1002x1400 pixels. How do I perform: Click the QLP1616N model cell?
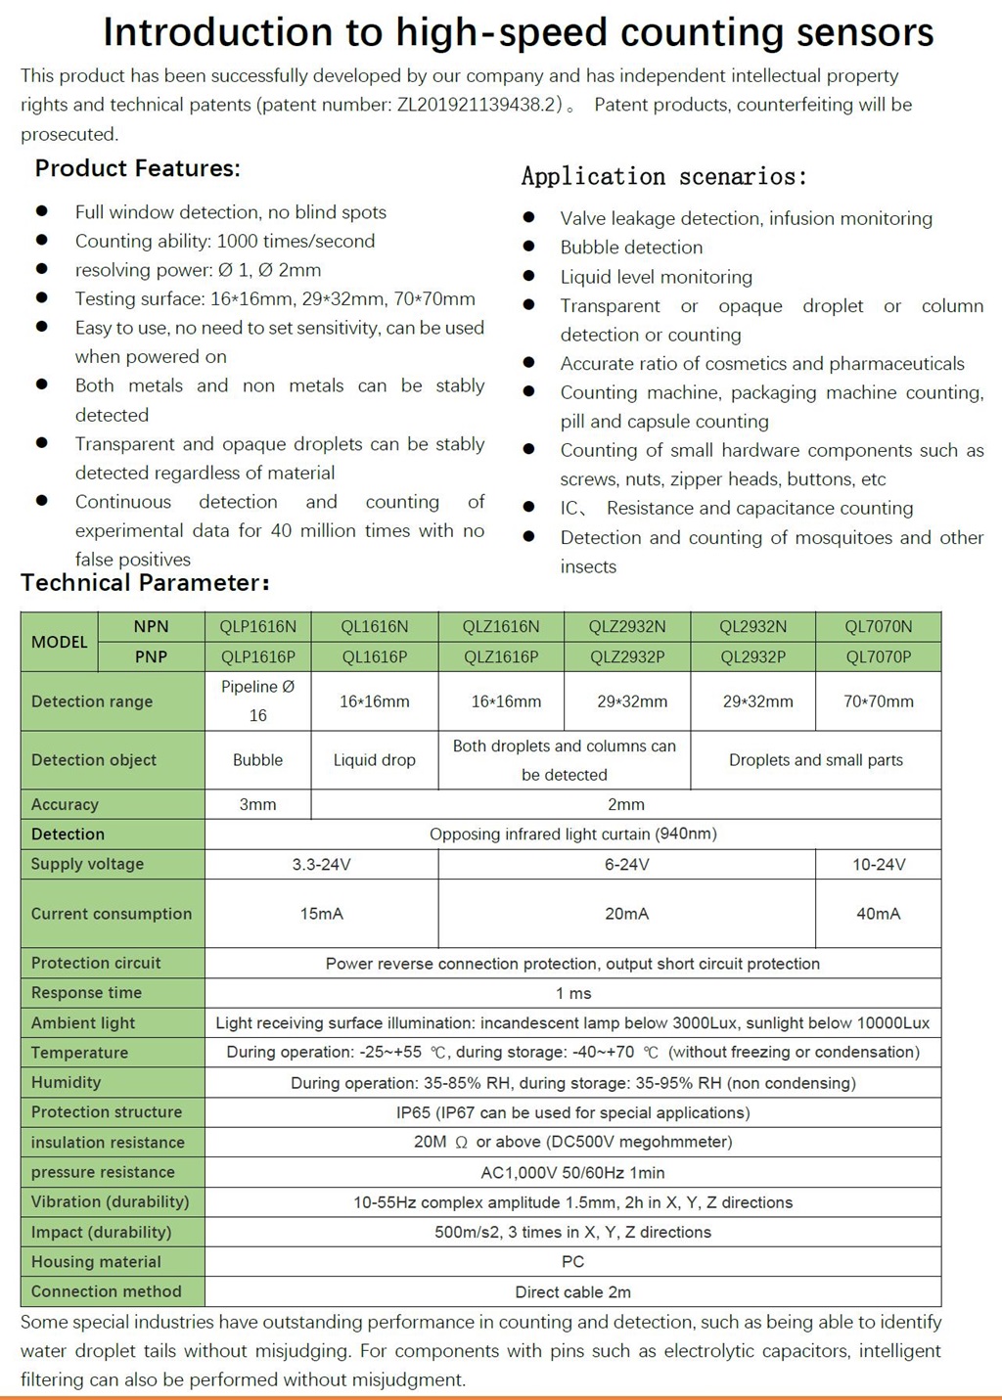pyautogui.click(x=258, y=626)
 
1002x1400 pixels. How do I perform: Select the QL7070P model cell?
pyautogui.click(x=878, y=656)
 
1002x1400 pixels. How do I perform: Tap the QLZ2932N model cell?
pyautogui.click(x=627, y=626)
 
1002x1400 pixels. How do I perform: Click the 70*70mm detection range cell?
pyautogui.click(x=878, y=701)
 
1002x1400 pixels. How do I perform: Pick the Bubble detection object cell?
pyautogui.click(x=257, y=760)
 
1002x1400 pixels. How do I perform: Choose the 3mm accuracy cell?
pyautogui.click(x=257, y=804)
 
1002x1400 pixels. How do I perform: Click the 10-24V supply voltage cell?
pyautogui.click(x=878, y=864)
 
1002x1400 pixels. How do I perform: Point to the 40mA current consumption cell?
pyautogui.click(x=878, y=914)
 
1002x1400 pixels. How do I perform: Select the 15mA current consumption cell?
pyautogui.click(x=321, y=914)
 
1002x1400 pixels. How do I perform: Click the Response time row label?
pyautogui.click(x=86, y=992)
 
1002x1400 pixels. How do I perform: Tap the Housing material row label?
pyautogui.click(x=96, y=1261)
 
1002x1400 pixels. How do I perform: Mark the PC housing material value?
pyautogui.click(x=572, y=1262)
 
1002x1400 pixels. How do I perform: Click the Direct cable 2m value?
pyautogui.click(x=572, y=1291)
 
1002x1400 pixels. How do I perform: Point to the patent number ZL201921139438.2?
pyautogui.click(x=478, y=105)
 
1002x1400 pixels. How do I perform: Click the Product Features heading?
pyautogui.click(x=137, y=168)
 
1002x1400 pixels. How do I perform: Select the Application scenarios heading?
pyautogui.click(x=663, y=176)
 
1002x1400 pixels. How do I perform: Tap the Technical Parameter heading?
pyautogui.click(x=145, y=583)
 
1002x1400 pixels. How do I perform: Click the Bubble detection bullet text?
pyautogui.click(x=631, y=248)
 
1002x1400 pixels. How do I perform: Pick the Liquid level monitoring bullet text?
pyautogui.click(x=656, y=277)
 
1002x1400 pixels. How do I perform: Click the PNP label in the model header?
pyautogui.click(x=151, y=656)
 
